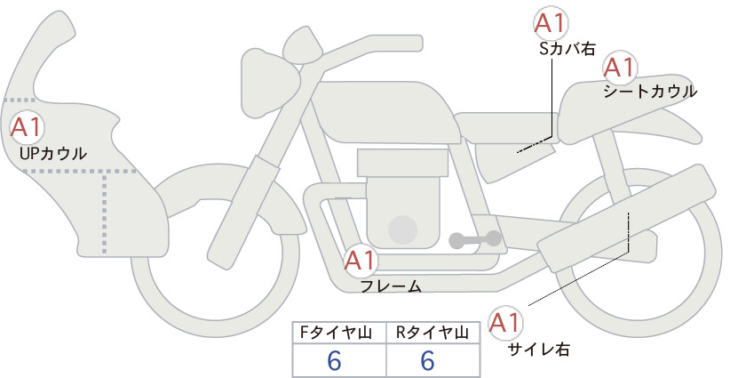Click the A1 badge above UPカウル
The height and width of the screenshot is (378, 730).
(27, 128)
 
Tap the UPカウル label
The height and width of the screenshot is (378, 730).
(53, 154)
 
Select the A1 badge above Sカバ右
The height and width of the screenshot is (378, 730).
(551, 23)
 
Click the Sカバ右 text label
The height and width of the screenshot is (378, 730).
(567, 50)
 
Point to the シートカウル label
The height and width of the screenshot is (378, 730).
(650, 92)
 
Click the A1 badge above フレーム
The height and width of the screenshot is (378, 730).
(361, 261)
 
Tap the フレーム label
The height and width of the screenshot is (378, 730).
(391, 286)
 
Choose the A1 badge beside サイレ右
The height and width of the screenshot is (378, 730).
(505, 323)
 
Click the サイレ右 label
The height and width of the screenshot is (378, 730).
(539, 350)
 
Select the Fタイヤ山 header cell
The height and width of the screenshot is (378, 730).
(339, 333)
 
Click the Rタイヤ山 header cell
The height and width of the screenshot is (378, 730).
(433, 333)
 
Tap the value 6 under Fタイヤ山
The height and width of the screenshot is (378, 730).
(334, 361)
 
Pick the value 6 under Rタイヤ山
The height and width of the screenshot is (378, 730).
(427, 361)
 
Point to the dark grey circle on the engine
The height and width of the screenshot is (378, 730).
(402, 230)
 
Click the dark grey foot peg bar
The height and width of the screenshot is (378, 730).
(475, 239)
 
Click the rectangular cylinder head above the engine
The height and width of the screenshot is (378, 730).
(402, 163)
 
